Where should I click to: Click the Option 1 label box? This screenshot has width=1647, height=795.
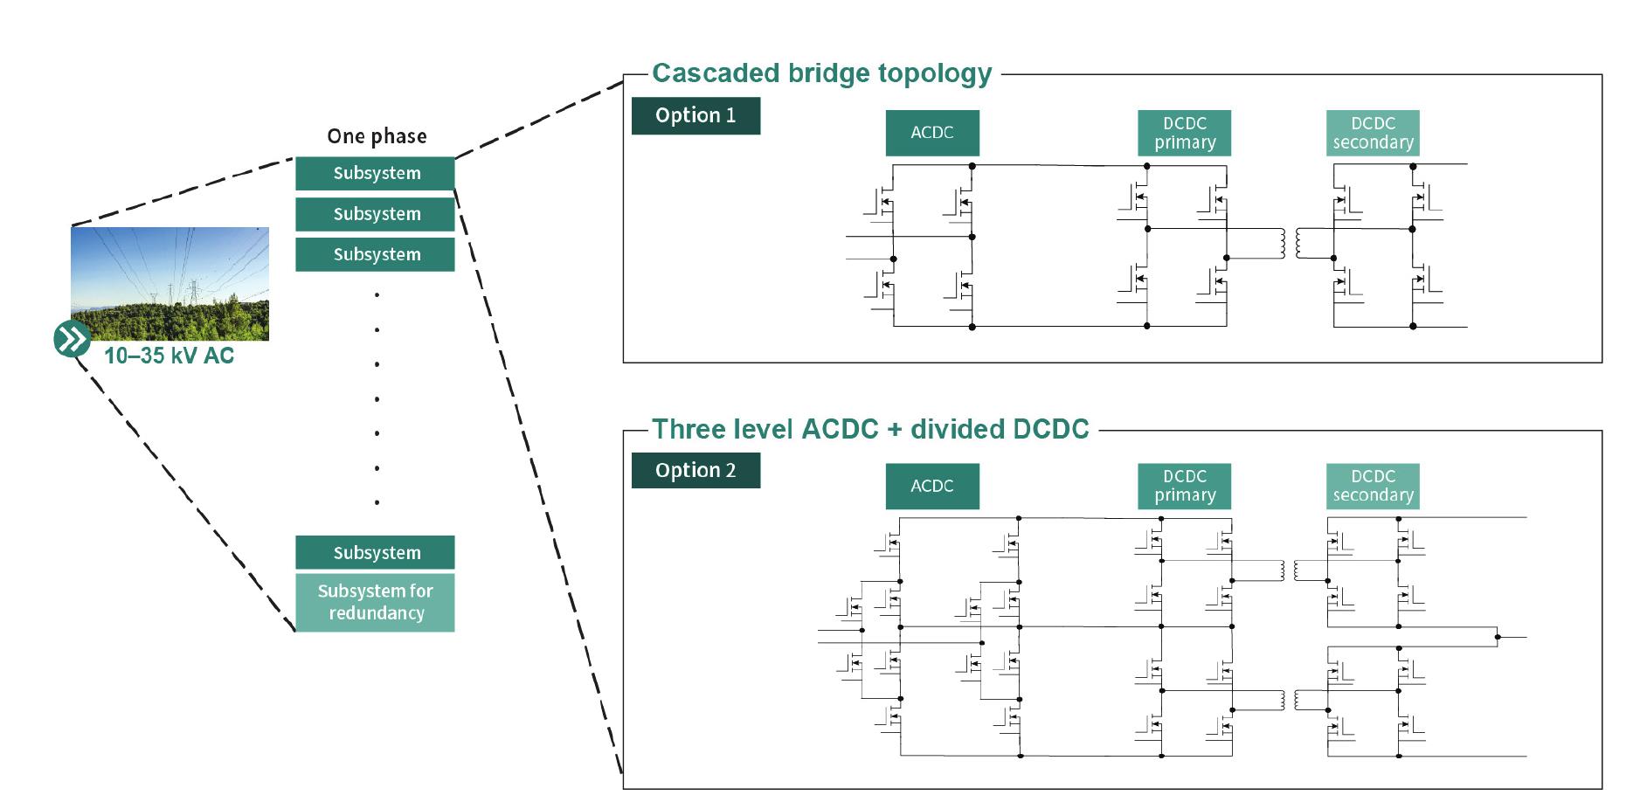coord(695,115)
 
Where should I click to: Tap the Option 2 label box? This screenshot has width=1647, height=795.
coord(695,470)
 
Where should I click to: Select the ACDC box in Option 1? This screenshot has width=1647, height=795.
coord(932,133)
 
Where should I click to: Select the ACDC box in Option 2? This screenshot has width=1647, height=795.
coord(932,487)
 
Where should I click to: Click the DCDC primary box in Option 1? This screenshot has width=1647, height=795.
coord(1185,133)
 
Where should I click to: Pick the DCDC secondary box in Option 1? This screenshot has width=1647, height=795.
coord(1373,133)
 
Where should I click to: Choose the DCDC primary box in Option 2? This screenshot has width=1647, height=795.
coord(1185,487)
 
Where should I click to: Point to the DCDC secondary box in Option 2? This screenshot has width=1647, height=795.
coord(1373,487)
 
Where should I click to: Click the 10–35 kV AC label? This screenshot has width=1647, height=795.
coord(170,356)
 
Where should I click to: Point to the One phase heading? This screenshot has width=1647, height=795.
coord(377,136)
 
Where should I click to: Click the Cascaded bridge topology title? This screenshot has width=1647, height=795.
coord(822,73)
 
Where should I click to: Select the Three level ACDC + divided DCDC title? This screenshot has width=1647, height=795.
coord(871,429)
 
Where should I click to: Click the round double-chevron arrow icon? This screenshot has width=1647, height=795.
coord(72,339)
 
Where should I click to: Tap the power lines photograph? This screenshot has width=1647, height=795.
coord(170,284)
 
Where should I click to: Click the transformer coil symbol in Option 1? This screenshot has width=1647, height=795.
coord(1291,244)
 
